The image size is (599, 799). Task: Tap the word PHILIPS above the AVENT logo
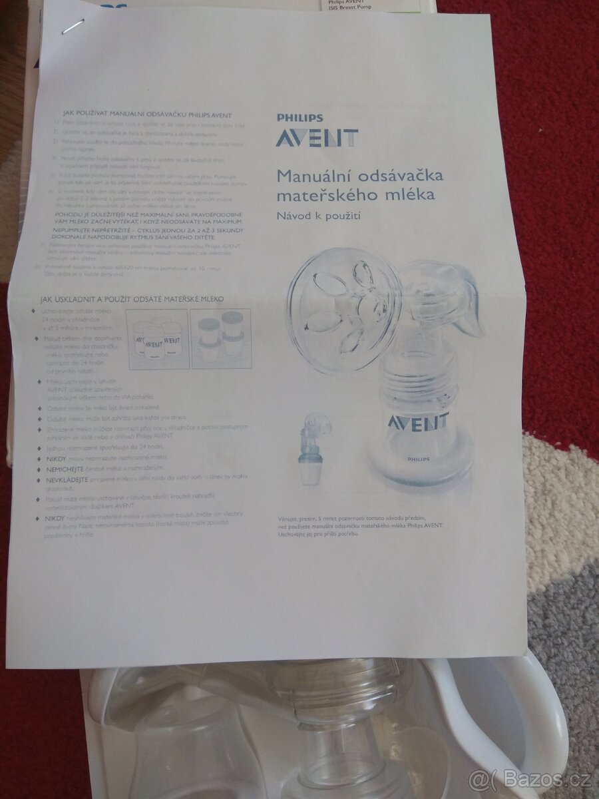tap(299, 118)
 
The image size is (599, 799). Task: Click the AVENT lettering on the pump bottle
tap(419, 421)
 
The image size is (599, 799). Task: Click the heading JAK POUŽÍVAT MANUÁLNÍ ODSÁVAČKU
tap(147, 113)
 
